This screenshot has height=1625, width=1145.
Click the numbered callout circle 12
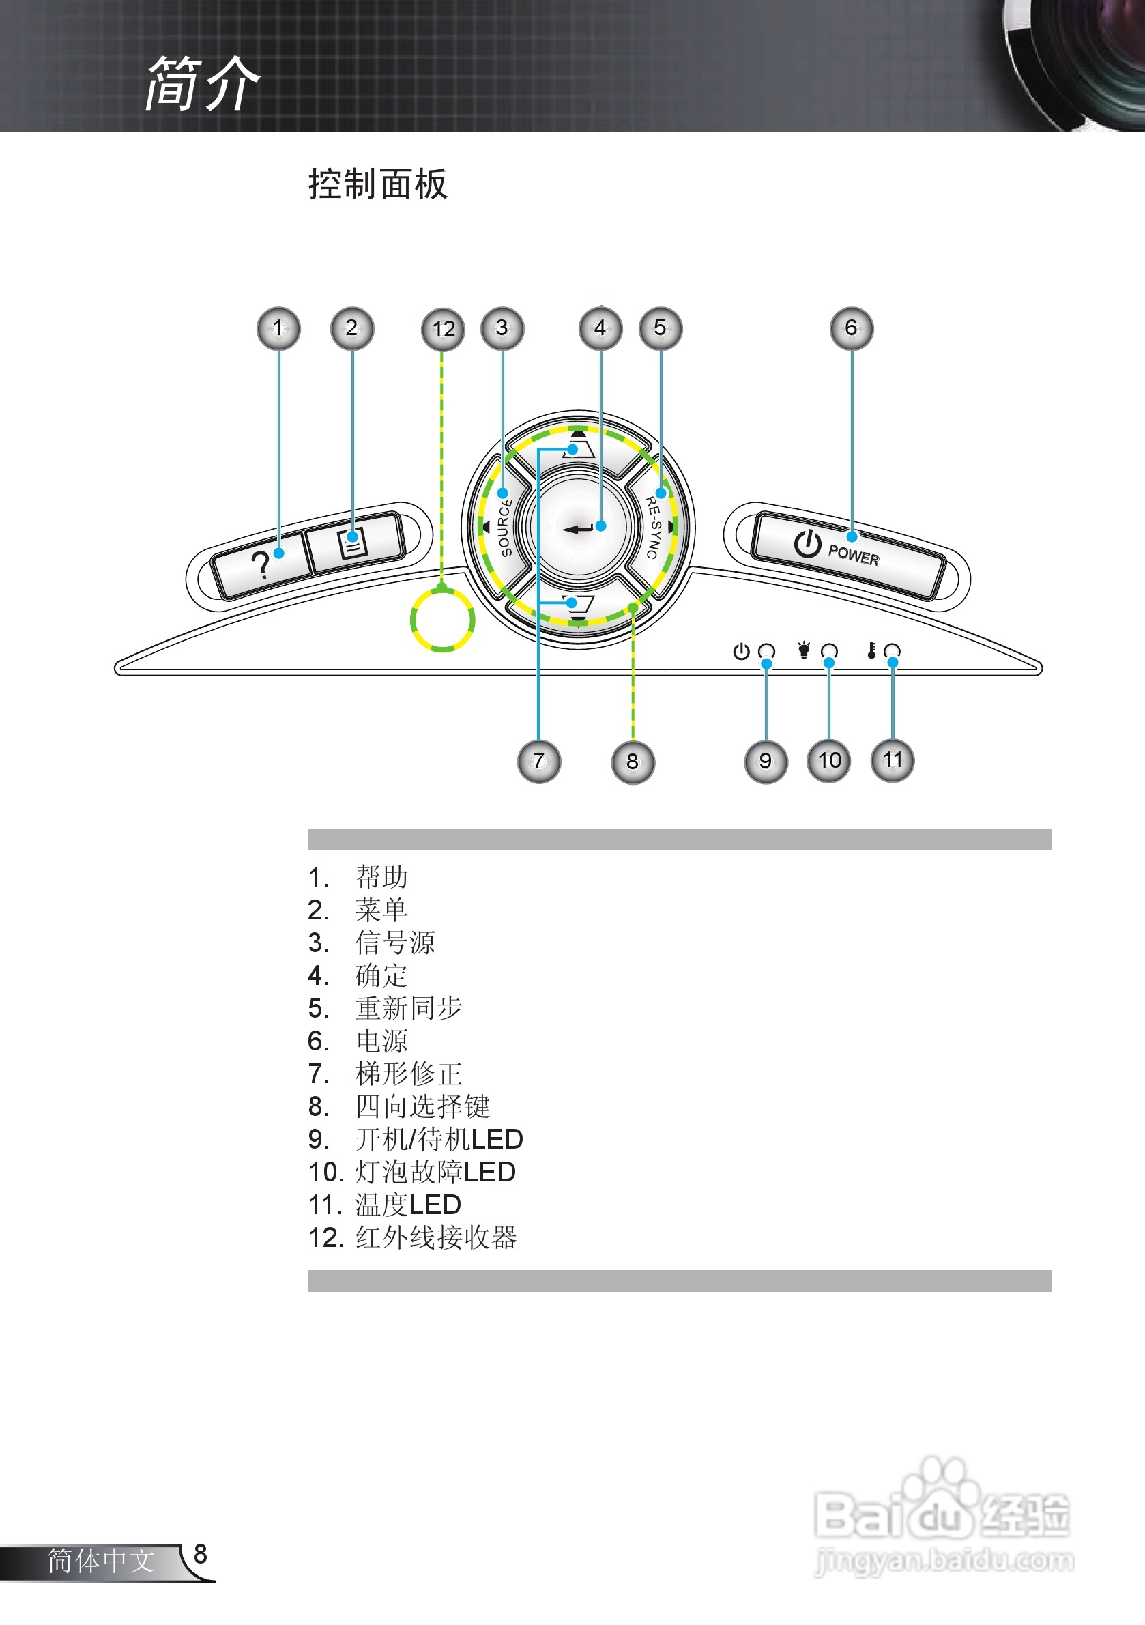tap(443, 329)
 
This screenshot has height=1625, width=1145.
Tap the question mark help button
tap(261, 564)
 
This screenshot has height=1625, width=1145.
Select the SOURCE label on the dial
tap(504, 528)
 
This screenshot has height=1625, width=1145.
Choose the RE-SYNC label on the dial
tap(653, 528)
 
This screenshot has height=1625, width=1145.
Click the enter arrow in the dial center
tap(578, 529)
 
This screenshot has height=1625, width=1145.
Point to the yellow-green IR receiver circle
tap(442, 620)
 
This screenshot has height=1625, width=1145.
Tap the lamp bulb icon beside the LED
tap(804, 650)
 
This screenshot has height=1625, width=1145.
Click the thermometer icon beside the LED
tap(872, 650)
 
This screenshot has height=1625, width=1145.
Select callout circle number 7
tap(539, 762)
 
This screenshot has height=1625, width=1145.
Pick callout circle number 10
tap(828, 761)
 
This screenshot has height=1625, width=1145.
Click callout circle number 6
tap(852, 328)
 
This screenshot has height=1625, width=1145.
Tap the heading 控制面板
tap(378, 185)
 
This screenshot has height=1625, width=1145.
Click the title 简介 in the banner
tap(203, 83)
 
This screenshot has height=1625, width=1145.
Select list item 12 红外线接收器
tap(414, 1237)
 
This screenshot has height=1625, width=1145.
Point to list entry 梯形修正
tap(408, 1074)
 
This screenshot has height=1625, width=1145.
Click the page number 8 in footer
tap(200, 1553)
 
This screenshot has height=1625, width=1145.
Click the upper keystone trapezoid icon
tap(579, 448)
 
